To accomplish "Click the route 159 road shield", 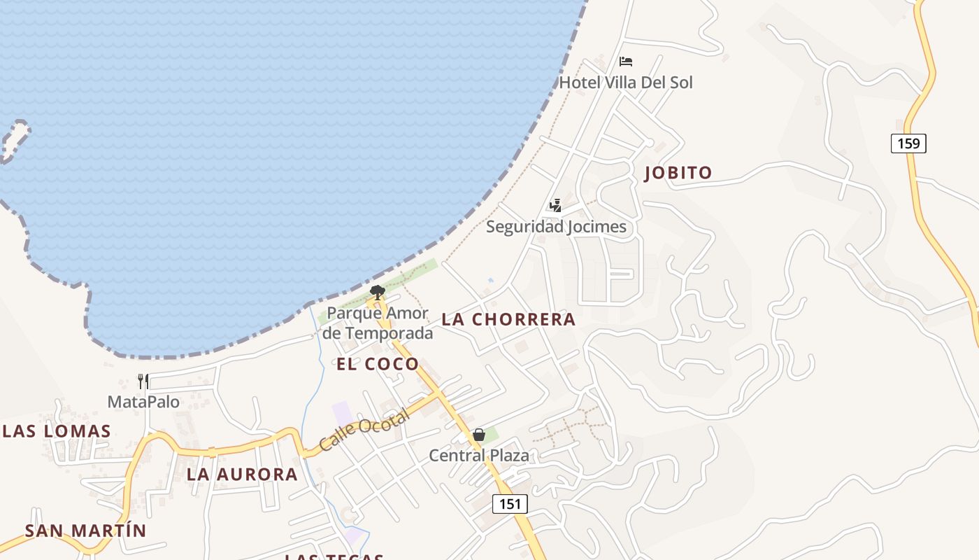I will point(908,143).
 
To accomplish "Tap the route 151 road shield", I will point(510,503).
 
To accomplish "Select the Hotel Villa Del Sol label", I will point(626,83).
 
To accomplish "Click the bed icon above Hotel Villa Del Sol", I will point(626,62).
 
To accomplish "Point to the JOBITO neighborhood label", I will point(678,173).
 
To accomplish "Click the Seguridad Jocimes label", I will point(556,227).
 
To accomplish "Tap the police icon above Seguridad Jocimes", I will point(555,206).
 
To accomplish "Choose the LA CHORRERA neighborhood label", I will point(508,319).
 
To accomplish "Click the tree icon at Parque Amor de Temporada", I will point(378,292).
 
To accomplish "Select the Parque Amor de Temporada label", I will point(378,323).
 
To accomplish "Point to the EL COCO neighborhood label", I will point(378,364).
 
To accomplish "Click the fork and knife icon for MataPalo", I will point(143,381).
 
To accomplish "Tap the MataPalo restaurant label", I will point(143,402).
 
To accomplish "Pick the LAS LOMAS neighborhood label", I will point(57,431).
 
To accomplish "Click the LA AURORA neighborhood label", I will point(242,475).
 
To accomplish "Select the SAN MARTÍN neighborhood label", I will point(85,531).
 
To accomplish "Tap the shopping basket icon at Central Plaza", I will point(478,435).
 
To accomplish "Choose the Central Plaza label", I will point(478,456).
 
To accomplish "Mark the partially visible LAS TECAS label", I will point(334,556).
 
